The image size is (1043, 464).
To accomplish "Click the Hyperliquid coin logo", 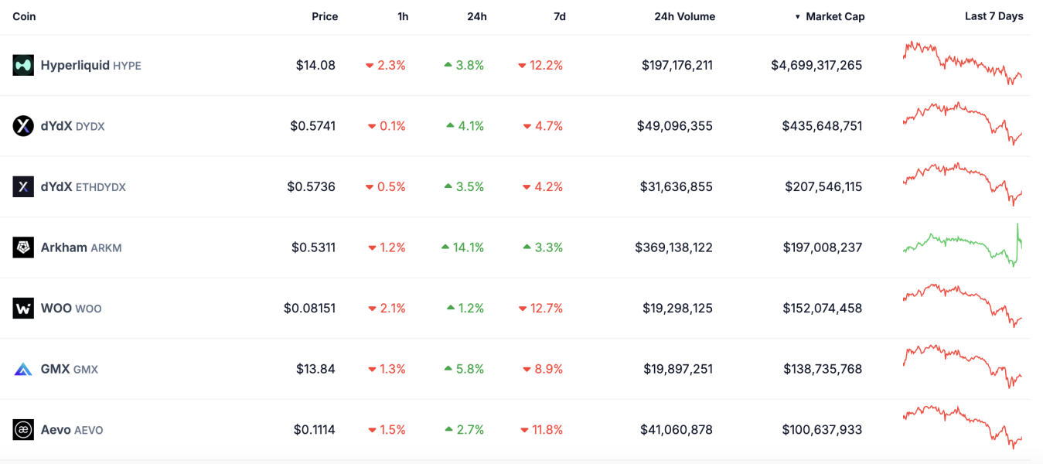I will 23,65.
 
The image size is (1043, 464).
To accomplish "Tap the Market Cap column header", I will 834,16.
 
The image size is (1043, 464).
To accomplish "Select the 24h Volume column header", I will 684,16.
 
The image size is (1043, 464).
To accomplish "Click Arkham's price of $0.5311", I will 313,247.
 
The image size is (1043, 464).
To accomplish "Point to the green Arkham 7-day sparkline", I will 963,246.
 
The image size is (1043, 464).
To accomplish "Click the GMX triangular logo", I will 23,369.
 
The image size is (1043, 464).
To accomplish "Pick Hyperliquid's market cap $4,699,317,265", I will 816,65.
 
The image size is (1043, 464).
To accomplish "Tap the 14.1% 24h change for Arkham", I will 468,247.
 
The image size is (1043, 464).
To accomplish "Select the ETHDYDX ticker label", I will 100,187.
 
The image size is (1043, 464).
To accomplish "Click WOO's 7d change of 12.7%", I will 546,309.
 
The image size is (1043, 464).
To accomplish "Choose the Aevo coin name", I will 56,430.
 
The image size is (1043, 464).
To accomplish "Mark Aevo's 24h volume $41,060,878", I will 677,430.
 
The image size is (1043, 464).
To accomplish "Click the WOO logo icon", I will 23,309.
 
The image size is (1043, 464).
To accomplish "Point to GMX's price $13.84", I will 315,369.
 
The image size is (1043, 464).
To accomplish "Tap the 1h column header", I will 403,16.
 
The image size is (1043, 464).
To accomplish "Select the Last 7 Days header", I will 994,16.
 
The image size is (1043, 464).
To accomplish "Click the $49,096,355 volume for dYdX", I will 674,126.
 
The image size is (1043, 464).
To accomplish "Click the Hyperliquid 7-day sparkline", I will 963,62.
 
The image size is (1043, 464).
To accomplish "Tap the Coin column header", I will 24,16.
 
